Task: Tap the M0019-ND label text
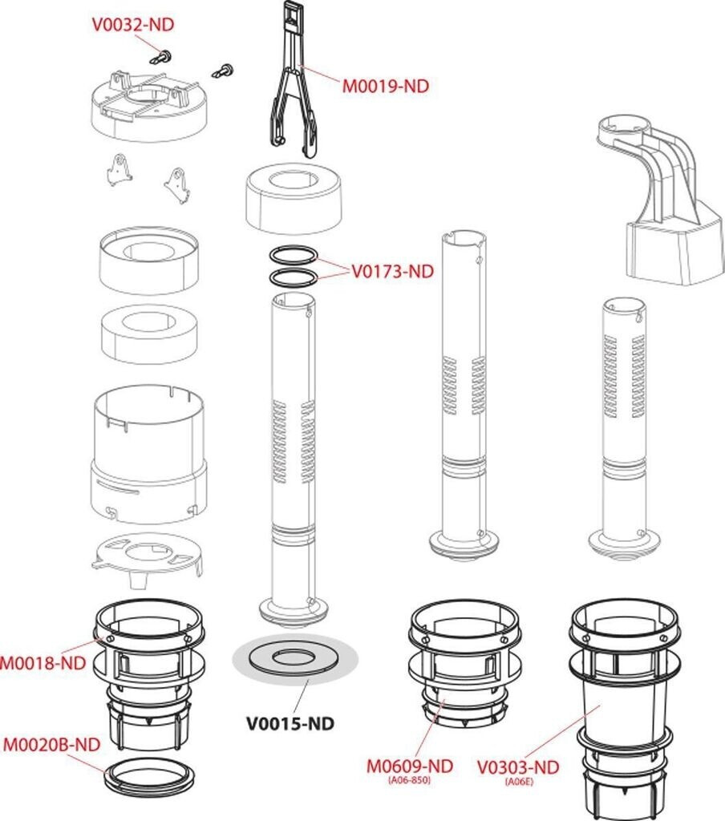tap(386, 86)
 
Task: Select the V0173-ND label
tap(392, 271)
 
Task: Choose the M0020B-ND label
tap(51, 745)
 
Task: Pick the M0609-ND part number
tap(410, 766)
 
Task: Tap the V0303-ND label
tap(517, 767)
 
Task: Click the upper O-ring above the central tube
tap(291, 256)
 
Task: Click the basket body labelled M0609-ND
tap(460, 665)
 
